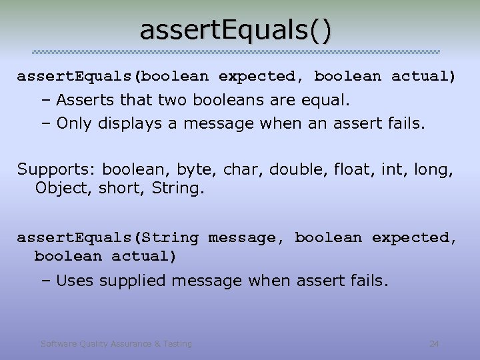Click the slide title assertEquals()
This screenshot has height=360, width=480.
pyautogui.click(x=235, y=31)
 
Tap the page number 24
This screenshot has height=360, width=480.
pyautogui.click(x=434, y=344)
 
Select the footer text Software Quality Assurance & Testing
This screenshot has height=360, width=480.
pyautogui.click(x=116, y=344)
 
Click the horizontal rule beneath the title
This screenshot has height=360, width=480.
pyautogui.click(x=237, y=52)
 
